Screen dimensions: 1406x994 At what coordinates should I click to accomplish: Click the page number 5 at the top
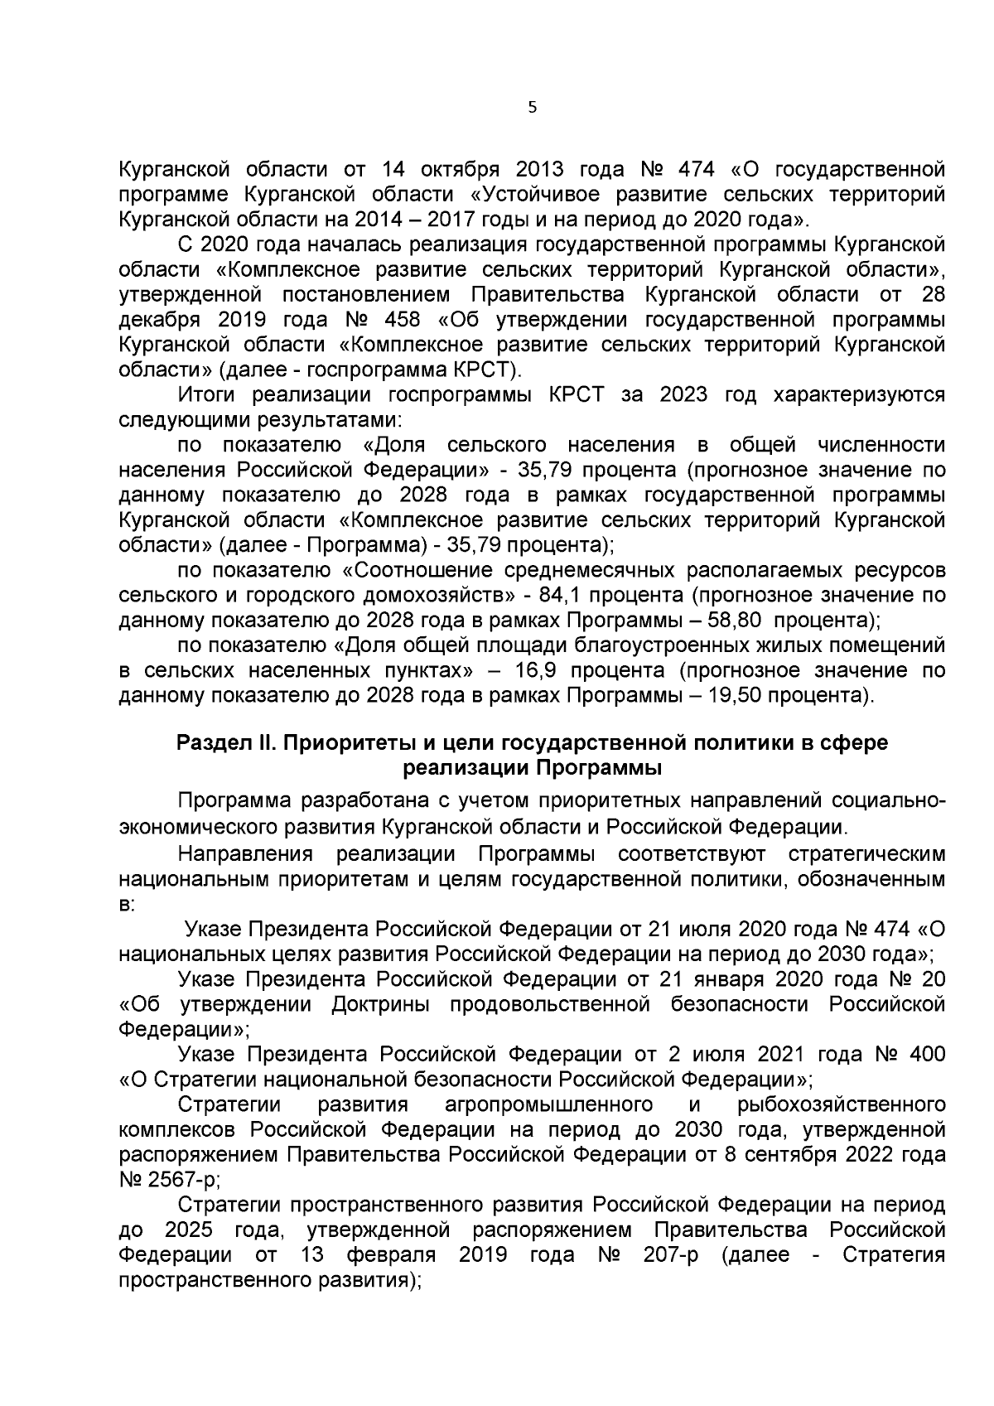coord(532,107)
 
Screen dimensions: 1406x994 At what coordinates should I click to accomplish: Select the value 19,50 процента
coord(785,694)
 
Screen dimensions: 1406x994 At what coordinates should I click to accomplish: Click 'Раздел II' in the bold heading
coord(225,743)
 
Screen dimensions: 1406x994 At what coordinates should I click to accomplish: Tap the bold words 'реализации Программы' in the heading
coord(532,767)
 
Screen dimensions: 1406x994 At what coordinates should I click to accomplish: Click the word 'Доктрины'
coord(386,1005)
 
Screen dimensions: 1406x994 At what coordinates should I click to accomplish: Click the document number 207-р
coord(670,1254)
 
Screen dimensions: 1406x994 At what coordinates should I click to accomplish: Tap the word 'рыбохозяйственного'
coord(841,1105)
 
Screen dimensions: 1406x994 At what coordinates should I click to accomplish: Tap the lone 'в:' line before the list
coord(126,905)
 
